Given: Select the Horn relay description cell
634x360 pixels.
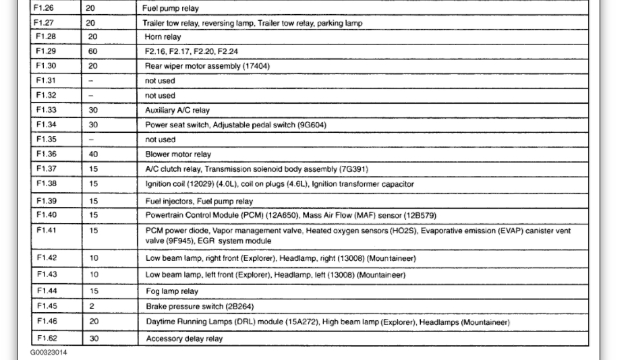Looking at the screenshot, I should tap(163, 37).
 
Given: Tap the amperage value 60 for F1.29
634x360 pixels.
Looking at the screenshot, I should tap(92, 52).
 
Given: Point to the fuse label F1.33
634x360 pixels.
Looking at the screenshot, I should tap(45, 110).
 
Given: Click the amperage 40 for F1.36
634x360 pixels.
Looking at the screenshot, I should tap(94, 154).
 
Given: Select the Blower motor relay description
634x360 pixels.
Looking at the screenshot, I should tap(169, 154).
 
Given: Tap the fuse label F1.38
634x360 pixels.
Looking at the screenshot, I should tap(45, 183).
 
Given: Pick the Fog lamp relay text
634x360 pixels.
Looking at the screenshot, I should tap(172, 291).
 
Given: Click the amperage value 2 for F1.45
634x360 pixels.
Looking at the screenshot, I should tap(92, 307).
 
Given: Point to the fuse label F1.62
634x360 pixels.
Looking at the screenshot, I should tap(45, 338).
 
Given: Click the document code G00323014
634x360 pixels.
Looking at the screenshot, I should tap(49, 353).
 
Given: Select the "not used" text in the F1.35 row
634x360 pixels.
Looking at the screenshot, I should tap(161, 140).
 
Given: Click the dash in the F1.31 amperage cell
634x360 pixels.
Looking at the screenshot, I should tap(91, 81).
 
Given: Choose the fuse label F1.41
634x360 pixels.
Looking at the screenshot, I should tap(45, 231).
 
